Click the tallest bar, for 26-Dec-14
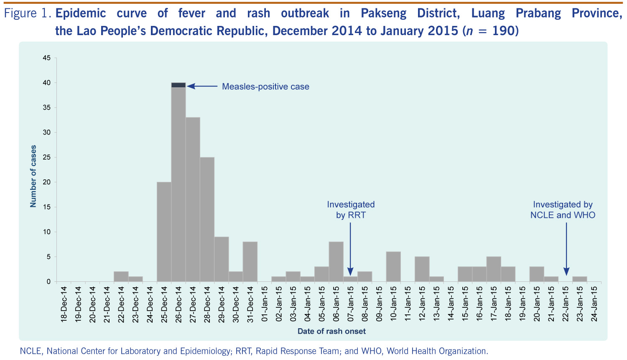(178, 184)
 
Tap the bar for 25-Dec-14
(164, 232)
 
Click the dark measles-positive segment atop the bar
(178, 85)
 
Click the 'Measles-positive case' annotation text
(265, 87)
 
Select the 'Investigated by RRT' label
(351, 210)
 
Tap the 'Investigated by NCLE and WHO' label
(563, 210)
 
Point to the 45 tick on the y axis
(47, 58)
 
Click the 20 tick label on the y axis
(47, 182)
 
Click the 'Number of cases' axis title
(33, 176)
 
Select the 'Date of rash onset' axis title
(331, 332)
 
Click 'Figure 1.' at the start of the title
(28, 14)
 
